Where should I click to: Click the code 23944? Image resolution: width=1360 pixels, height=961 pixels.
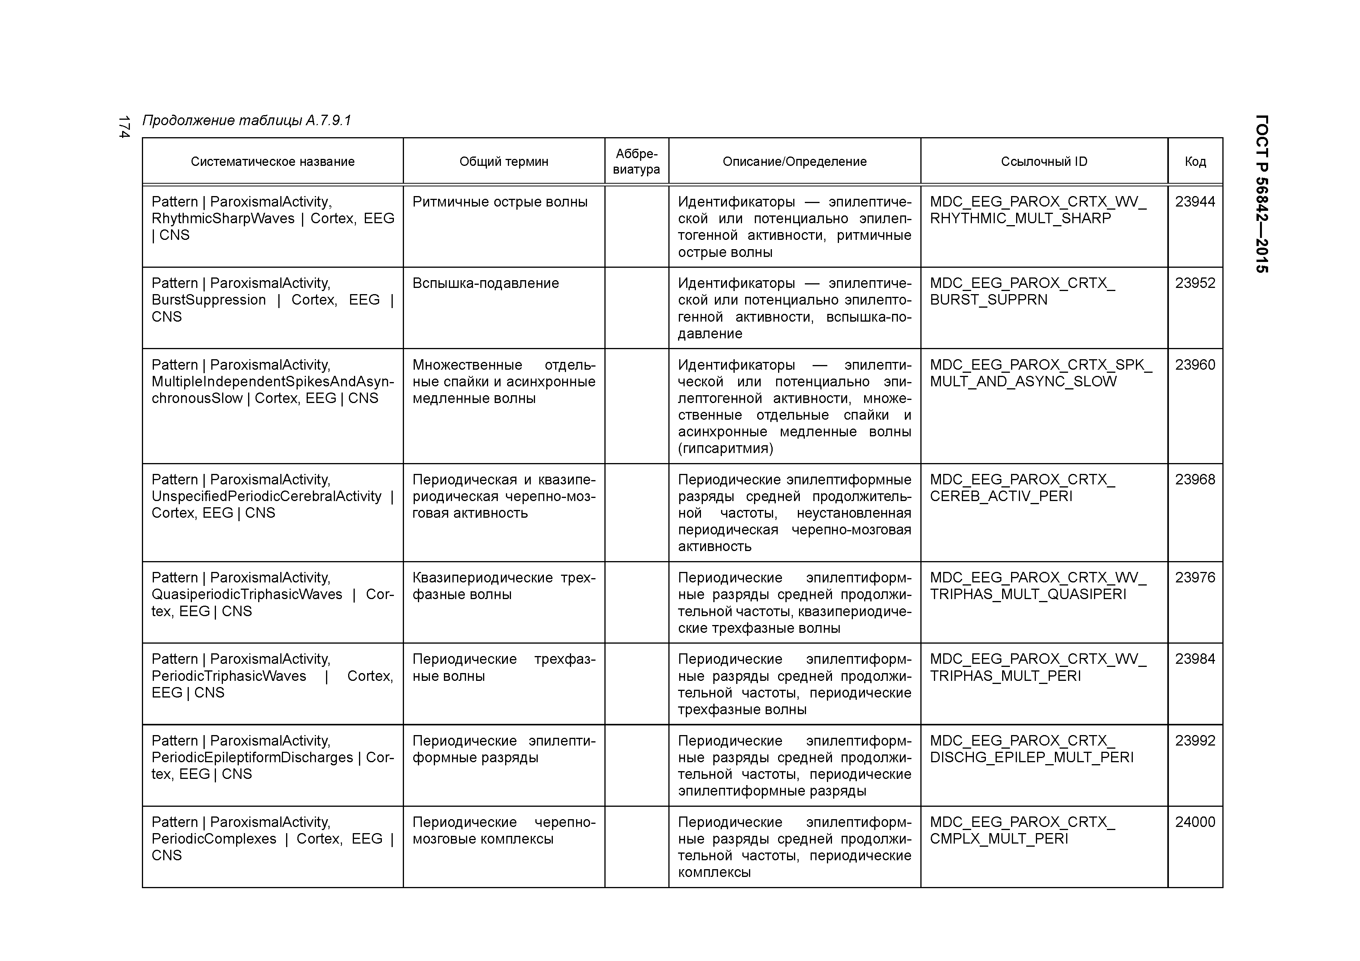tap(1195, 202)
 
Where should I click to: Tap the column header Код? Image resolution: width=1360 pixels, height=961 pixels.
tap(1195, 162)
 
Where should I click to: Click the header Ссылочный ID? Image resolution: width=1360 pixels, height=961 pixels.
tap(1044, 162)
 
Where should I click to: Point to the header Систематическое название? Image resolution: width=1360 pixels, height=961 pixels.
tap(273, 162)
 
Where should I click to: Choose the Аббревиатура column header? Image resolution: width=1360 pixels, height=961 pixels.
tap(636, 162)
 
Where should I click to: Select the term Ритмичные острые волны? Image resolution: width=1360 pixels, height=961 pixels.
tap(500, 202)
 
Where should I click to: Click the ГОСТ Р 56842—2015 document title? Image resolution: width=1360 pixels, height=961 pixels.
tap(1262, 194)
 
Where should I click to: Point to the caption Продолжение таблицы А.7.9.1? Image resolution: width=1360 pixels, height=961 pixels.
tap(247, 121)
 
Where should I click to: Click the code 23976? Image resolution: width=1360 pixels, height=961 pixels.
tap(1195, 578)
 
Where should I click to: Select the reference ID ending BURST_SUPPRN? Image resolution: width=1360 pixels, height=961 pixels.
tap(1022, 292)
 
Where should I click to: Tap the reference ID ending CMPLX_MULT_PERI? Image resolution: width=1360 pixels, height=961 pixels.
tap(1022, 831)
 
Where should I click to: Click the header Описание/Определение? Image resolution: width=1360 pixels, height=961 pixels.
tap(794, 162)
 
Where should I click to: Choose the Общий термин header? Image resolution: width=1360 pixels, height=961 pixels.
tap(504, 162)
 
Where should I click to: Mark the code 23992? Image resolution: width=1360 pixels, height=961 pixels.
tap(1195, 741)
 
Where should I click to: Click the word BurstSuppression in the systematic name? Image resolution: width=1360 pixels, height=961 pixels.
tap(209, 300)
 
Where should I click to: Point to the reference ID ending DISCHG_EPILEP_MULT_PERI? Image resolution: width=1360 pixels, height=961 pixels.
tap(1031, 749)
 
